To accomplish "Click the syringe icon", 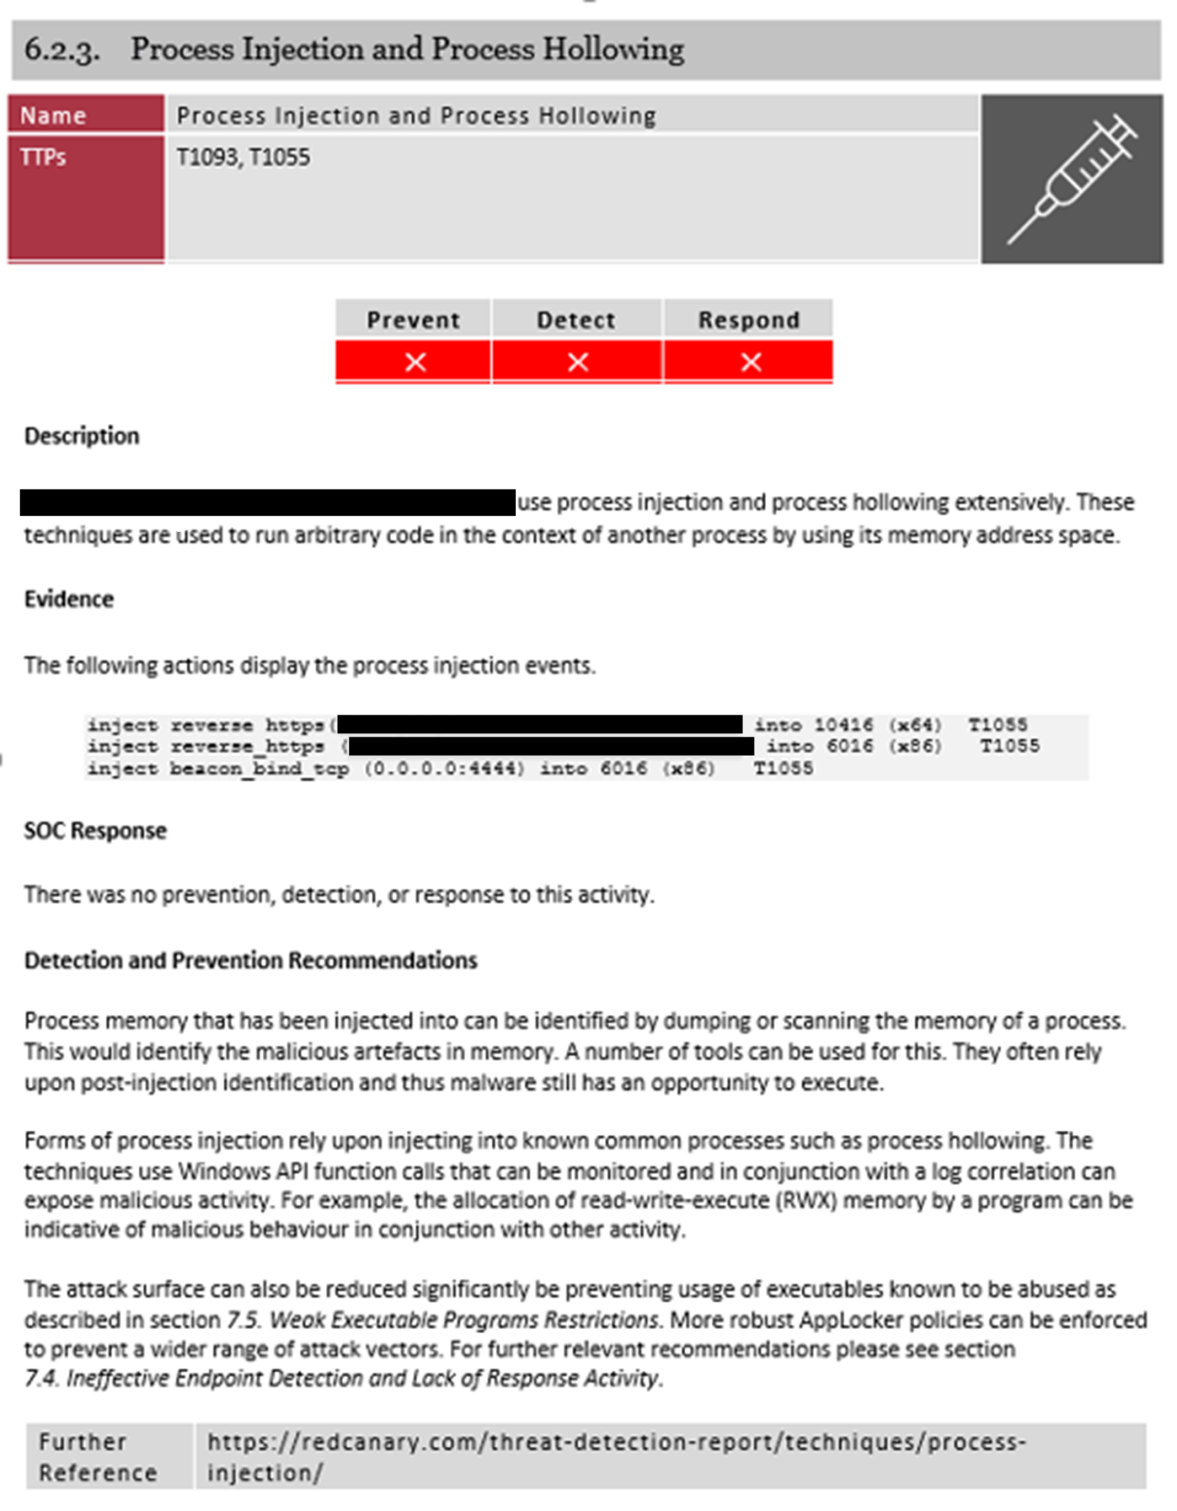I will pos(1072,179).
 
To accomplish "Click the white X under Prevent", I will pos(415,362).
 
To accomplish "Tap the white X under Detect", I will pos(577,362).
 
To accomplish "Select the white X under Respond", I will pos(751,362).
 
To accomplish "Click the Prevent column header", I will pos(413,320).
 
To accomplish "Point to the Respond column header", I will pos(748,320).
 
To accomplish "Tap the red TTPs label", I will pos(44,157).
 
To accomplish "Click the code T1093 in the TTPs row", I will pos(206,157).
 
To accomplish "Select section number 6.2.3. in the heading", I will pos(61,50).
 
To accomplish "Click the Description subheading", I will pos(82,436).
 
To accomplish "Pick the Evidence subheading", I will pos(69,599).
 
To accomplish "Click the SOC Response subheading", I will pos(95,830).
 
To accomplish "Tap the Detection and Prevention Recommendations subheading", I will pos(250,960).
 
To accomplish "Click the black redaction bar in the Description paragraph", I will pos(267,502).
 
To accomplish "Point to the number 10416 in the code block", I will pos(843,725).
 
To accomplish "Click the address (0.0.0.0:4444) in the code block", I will pos(444,768).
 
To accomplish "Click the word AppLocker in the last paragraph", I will pos(896,1320).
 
